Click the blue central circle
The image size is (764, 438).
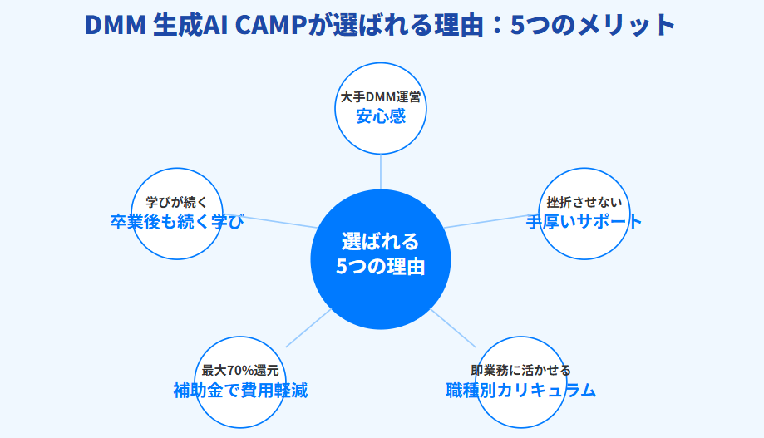[x=381, y=259]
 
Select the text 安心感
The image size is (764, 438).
[x=381, y=117]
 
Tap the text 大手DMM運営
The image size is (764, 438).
[x=381, y=97]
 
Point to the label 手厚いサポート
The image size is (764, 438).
[x=584, y=222]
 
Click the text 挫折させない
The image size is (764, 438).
[x=584, y=202]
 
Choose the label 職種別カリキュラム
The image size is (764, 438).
[x=521, y=391]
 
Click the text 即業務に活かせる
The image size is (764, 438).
[x=521, y=371]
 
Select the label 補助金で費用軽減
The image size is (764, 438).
[x=240, y=391]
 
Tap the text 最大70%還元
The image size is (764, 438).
[x=240, y=371]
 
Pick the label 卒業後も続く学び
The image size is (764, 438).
[x=177, y=222]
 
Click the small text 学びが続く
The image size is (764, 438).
[x=177, y=202]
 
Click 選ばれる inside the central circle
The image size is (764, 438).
[x=381, y=242]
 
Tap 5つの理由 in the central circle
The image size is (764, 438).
[x=381, y=267]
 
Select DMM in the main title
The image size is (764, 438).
[x=116, y=25]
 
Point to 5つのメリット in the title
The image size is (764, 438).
[x=593, y=25]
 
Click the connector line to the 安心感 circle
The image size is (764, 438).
[x=381, y=171]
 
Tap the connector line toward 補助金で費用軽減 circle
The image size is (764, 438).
[x=308, y=328]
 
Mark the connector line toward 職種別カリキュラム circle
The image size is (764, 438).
[x=452, y=328]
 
